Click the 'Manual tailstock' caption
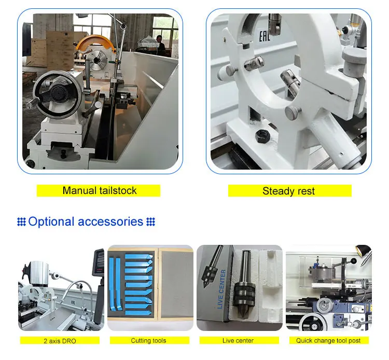pyautogui.click(x=100, y=190)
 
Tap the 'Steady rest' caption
pyautogui.click(x=288, y=191)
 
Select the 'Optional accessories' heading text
pyautogui.click(x=86, y=221)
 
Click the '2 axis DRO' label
pyautogui.click(x=60, y=341)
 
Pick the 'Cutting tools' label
pyautogui.click(x=148, y=341)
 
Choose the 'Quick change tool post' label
pyautogui.click(x=328, y=341)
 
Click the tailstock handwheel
pyautogui.click(x=57, y=94)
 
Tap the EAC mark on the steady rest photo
pyautogui.click(x=265, y=36)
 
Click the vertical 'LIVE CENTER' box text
pyautogui.click(x=221, y=289)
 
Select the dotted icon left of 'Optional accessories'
pyautogui.click(x=22, y=221)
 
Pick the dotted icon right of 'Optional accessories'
pyautogui.click(x=150, y=221)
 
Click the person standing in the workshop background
pyautogui.click(x=160, y=45)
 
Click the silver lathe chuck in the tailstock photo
pyautogui.click(x=98, y=60)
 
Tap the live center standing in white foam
pyautogui.click(x=245, y=284)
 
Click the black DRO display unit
pyautogui.click(x=99, y=262)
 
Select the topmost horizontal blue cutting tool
pyautogui.click(x=139, y=256)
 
